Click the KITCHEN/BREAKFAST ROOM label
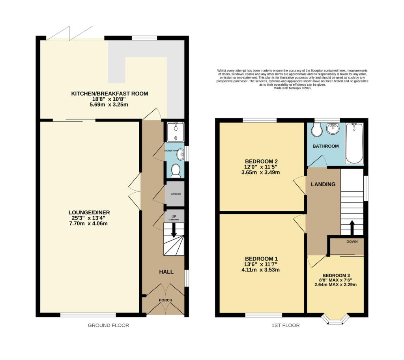click(109, 94)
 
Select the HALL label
click(166, 272)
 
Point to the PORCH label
click(165, 300)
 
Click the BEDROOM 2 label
click(262, 161)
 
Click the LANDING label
click(323, 184)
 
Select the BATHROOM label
click(325, 146)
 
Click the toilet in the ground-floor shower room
click(176, 171)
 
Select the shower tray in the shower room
click(173, 132)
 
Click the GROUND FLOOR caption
click(108, 325)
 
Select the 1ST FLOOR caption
click(283, 325)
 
